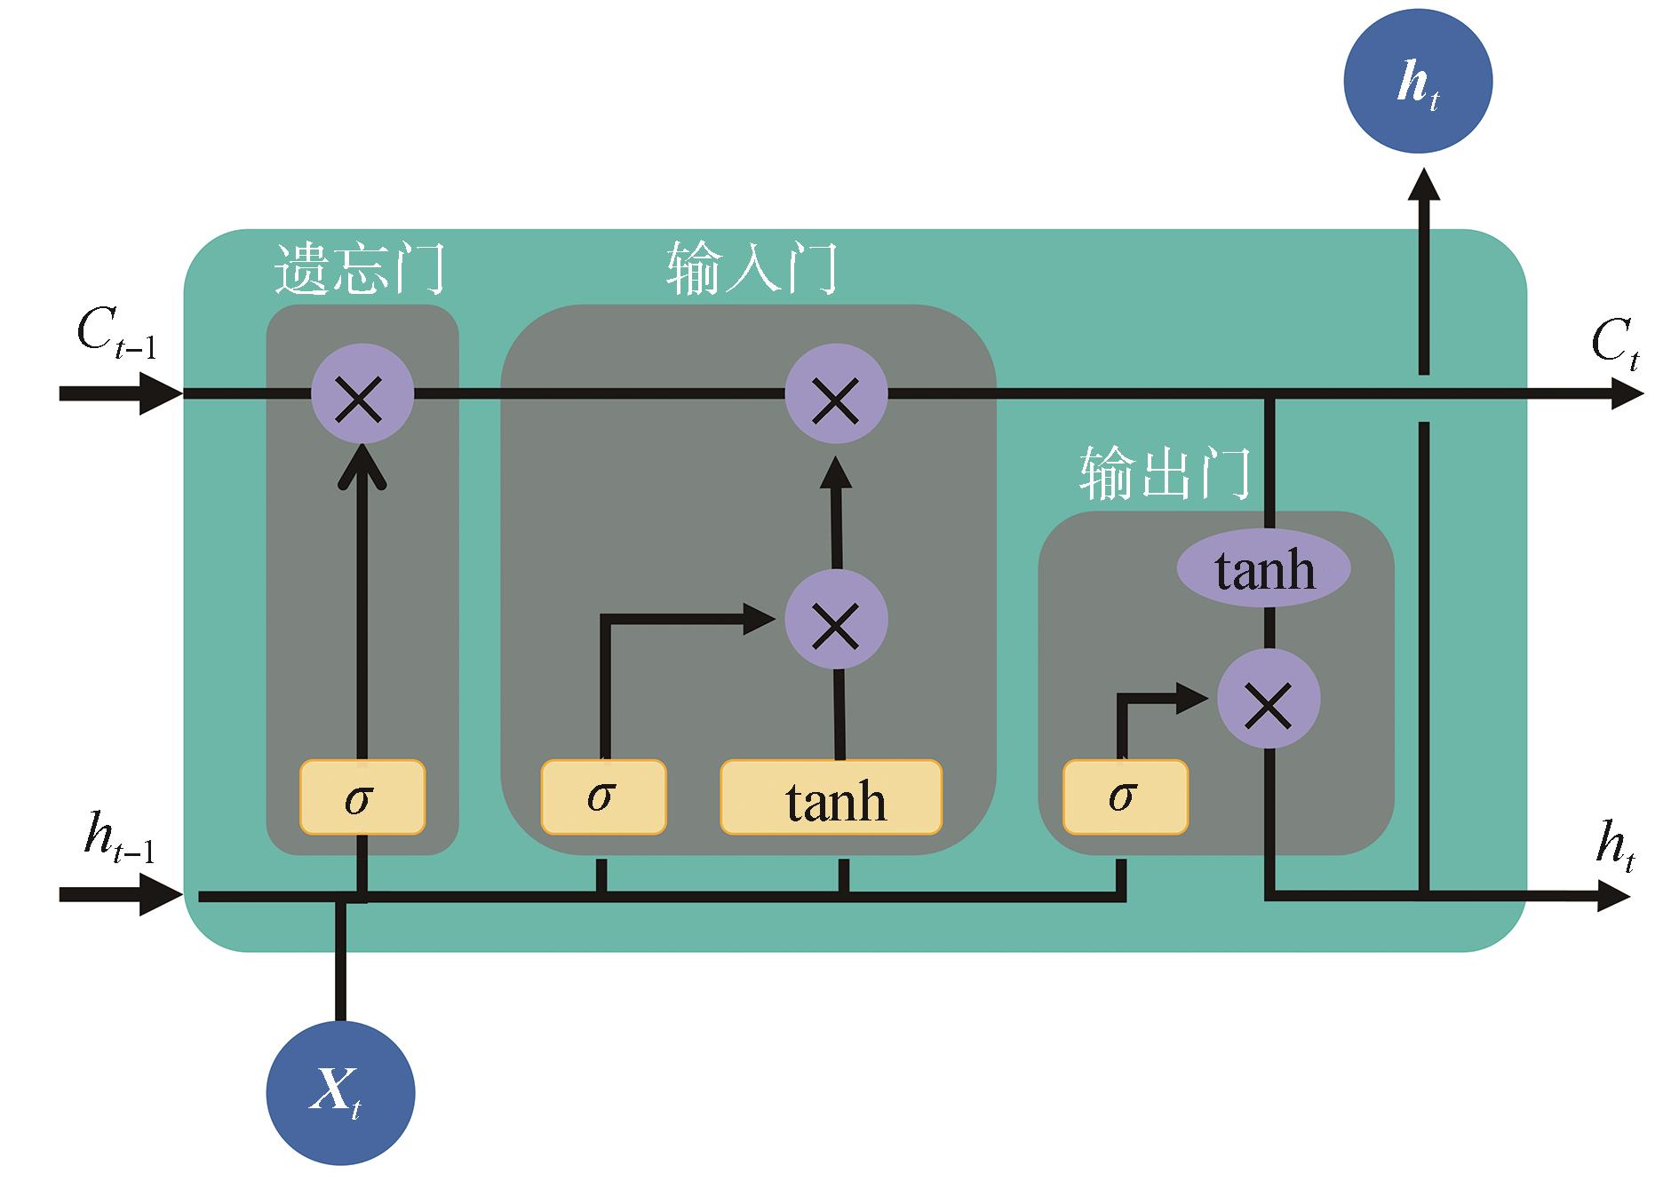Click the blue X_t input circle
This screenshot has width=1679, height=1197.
coord(340,1091)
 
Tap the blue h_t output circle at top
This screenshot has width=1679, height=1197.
coord(1418,82)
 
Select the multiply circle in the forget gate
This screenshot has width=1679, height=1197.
coord(362,393)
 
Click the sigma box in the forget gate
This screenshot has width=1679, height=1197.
coord(362,797)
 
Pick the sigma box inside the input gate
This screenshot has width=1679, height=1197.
coord(603,797)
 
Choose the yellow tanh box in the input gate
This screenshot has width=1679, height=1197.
coord(831,797)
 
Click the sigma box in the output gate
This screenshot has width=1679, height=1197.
coord(1125,797)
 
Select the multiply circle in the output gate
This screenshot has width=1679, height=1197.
coord(1268,698)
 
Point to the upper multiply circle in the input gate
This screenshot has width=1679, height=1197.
coord(836,393)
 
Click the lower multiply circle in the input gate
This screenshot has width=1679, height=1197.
coord(836,619)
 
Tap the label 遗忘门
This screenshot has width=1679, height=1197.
coord(359,268)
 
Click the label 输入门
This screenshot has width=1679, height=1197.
coord(752,268)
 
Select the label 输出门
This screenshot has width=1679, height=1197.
coord(1165,472)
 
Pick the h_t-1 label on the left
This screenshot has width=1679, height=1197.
coord(119,838)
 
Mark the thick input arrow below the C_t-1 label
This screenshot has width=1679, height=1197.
coord(120,393)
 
